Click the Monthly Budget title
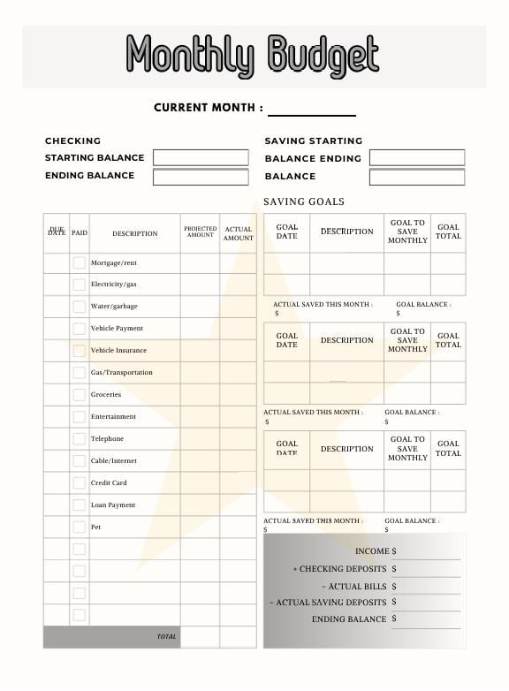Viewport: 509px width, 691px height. click(x=253, y=56)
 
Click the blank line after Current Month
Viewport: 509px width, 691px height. click(x=311, y=110)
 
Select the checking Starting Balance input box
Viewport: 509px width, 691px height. click(x=201, y=157)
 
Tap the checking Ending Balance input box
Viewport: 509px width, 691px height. click(x=201, y=177)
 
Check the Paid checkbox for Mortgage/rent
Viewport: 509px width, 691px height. click(x=80, y=262)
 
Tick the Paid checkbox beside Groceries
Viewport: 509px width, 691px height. click(x=80, y=395)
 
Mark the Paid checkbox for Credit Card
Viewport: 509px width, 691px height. click(x=80, y=483)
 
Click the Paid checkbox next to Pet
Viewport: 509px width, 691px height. click(x=80, y=527)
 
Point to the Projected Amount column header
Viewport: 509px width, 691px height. click(x=200, y=232)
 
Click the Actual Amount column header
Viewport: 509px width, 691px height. click(x=238, y=233)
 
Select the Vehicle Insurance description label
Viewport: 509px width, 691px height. click(x=118, y=350)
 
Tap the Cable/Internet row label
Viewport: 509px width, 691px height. click(x=113, y=460)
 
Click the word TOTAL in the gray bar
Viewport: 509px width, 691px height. click(x=167, y=636)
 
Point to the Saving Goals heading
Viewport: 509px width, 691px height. click(x=304, y=201)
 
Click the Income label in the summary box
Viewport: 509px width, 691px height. click(x=372, y=551)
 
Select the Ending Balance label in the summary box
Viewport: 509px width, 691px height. click(x=349, y=619)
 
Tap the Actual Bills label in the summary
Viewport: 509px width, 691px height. click(x=354, y=586)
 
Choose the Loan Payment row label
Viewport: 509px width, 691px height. click(x=113, y=505)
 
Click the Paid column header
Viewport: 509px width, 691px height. click(x=80, y=233)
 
